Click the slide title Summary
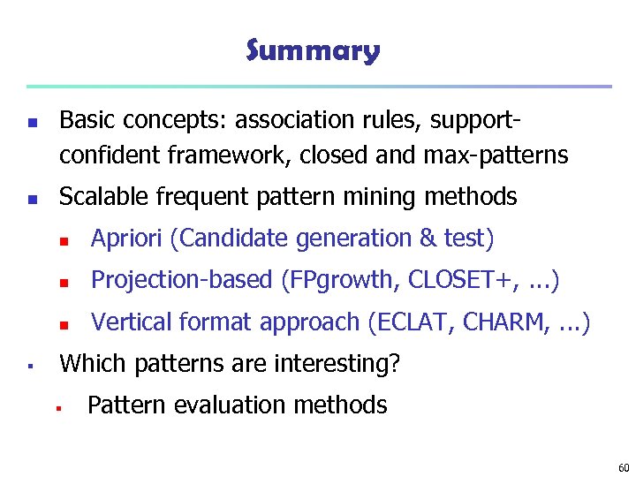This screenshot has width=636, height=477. click(x=313, y=50)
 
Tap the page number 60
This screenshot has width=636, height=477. click(x=624, y=467)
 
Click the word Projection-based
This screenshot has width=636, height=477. click(x=182, y=280)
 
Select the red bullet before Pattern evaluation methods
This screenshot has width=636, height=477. click(x=56, y=407)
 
